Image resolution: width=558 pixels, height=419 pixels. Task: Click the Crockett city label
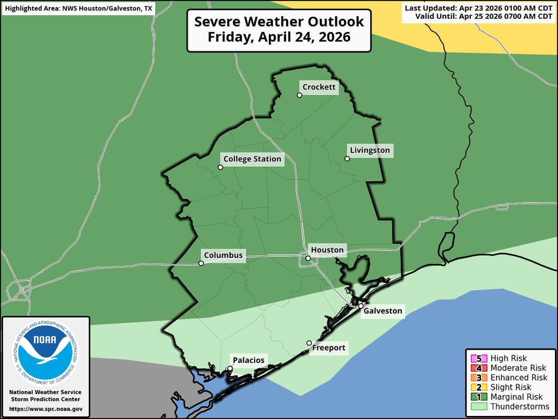(319, 87)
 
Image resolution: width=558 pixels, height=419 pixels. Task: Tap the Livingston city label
(370, 150)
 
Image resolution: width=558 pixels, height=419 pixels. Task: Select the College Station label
(252, 159)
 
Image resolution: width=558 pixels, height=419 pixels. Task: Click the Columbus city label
(223, 255)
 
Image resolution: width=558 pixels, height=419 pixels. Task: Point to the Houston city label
(327, 250)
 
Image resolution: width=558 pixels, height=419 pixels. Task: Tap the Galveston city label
(383, 311)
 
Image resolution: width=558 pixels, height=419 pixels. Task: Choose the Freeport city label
(329, 348)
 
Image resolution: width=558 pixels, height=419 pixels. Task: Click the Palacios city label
(248, 360)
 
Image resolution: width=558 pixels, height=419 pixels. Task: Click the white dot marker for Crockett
(299, 95)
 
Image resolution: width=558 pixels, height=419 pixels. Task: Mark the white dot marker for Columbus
(201, 263)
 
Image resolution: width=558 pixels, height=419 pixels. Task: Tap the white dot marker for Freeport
(309, 343)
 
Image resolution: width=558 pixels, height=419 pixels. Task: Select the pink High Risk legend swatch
(479, 359)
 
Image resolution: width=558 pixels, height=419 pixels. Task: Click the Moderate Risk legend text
(518, 368)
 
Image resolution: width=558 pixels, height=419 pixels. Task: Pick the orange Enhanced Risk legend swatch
(479, 378)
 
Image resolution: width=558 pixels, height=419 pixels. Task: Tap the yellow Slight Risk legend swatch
(479, 387)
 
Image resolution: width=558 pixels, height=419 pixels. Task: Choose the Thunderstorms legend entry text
(520, 406)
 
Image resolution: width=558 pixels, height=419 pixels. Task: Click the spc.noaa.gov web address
(45, 409)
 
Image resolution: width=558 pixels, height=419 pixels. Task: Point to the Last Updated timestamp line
(478, 8)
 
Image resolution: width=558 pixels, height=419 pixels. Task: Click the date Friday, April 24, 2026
(279, 37)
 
